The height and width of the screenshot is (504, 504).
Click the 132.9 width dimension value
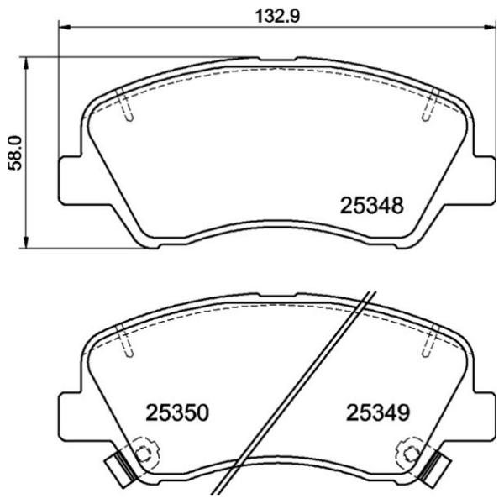pyautogui.click(x=277, y=14)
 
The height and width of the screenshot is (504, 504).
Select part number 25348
pyautogui.click(x=373, y=205)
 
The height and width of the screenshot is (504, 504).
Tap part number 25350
pyautogui.click(x=177, y=413)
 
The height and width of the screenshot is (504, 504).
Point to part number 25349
pyautogui.click(x=377, y=413)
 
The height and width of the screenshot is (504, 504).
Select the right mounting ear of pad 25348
pyautogui.click(x=485, y=177)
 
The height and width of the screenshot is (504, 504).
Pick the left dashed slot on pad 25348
pyautogui.click(x=127, y=106)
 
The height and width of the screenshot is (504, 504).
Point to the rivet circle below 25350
pyautogui.click(x=144, y=454)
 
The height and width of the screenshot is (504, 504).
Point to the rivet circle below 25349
pyautogui.click(x=411, y=454)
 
